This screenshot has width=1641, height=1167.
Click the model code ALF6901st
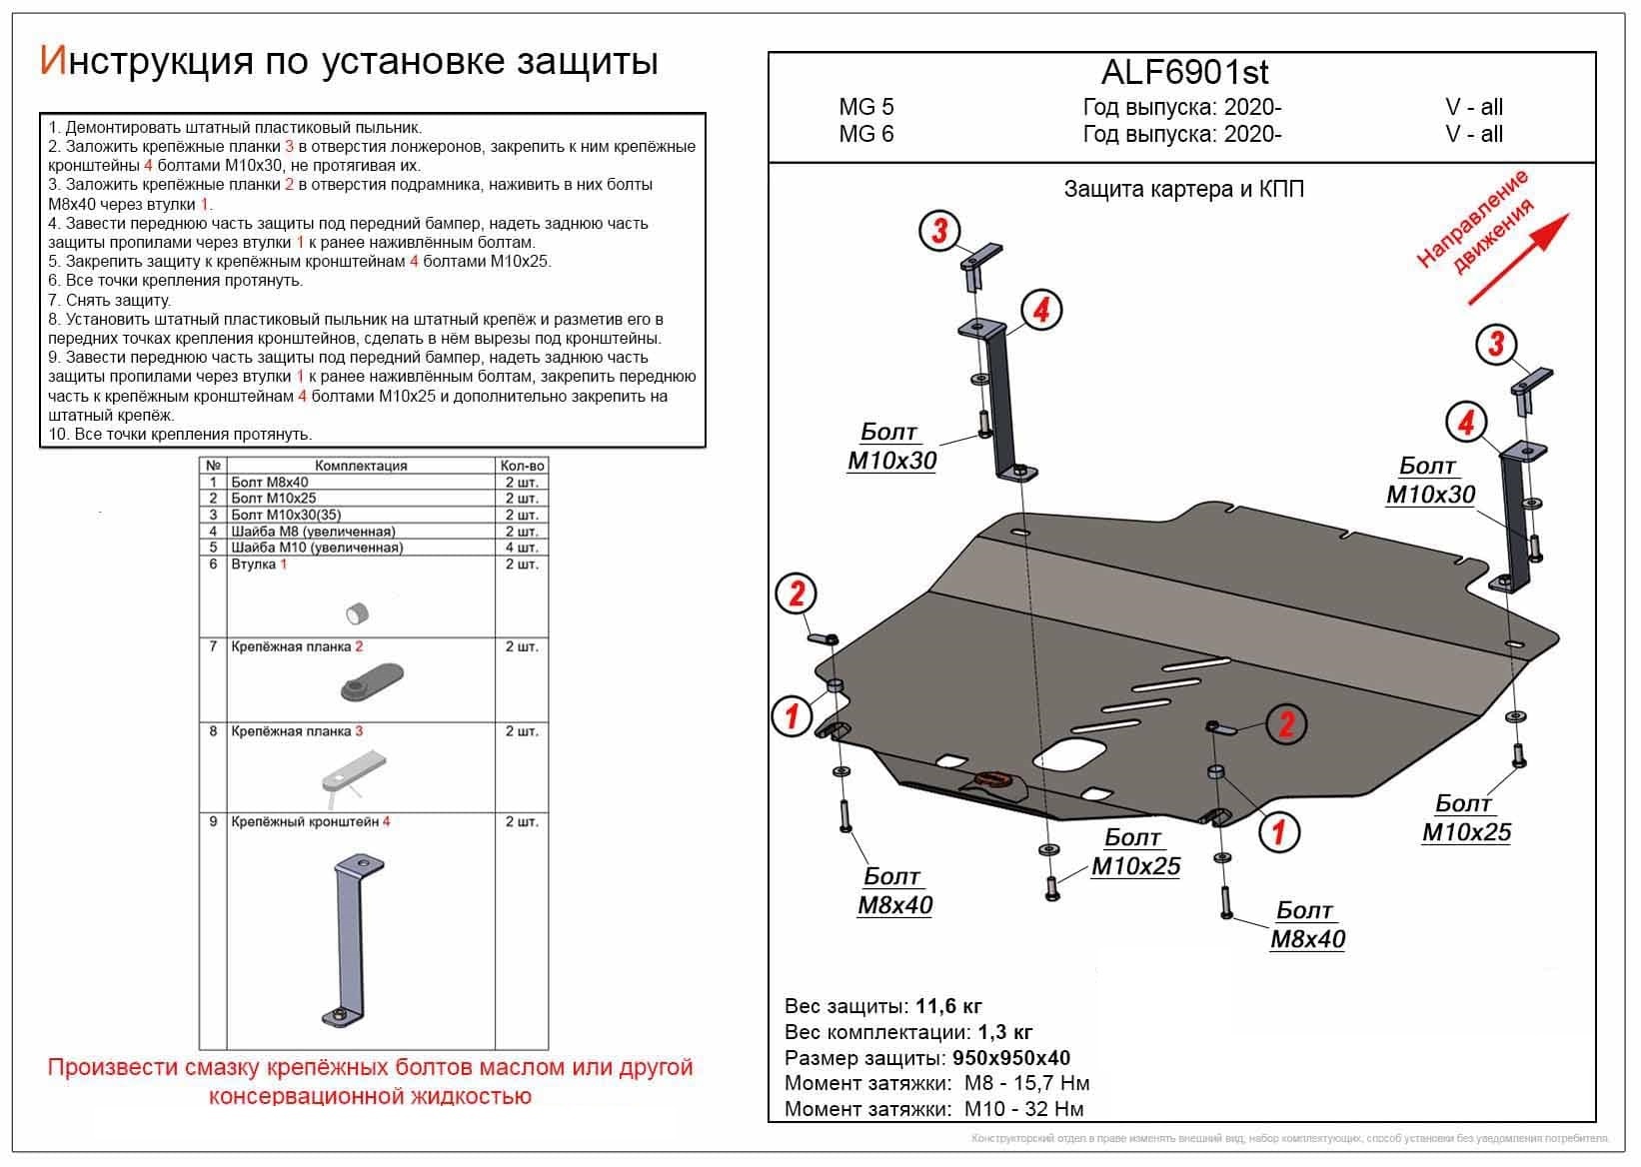coord(1185,72)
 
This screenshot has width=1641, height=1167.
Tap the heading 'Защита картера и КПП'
coord(1183,190)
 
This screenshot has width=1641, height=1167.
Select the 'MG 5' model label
coord(866,107)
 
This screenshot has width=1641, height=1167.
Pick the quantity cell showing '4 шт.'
coord(522,548)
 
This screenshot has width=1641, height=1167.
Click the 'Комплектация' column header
coord(361,466)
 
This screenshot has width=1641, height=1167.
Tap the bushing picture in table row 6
coord(357,611)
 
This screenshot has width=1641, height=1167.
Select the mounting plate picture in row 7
coord(371,684)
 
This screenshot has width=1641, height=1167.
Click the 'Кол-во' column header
coord(522,466)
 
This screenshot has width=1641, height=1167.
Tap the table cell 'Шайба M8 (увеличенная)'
coord(313,532)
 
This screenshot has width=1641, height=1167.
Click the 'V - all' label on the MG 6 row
coord(1473,134)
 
